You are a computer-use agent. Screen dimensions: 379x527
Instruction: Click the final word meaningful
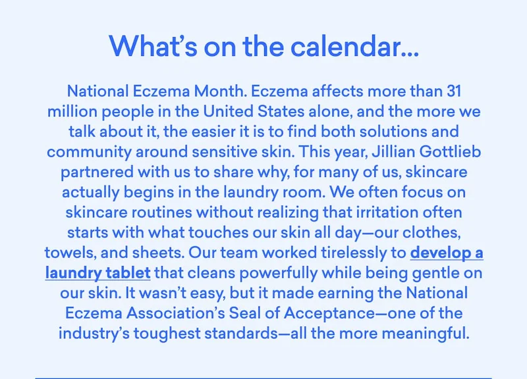pos(422,334)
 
